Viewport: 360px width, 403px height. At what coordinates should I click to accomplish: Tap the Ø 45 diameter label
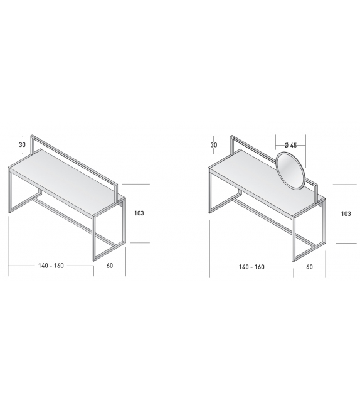click(x=290, y=145)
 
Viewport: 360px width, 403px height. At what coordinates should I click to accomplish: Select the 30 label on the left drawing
click(x=22, y=145)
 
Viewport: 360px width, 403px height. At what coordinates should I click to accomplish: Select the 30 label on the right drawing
click(x=214, y=145)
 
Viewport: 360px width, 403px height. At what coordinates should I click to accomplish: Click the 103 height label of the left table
click(x=139, y=213)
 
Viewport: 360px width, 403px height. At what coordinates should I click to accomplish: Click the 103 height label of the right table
click(x=346, y=213)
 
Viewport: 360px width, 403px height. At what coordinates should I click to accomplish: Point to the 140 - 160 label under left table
click(x=50, y=266)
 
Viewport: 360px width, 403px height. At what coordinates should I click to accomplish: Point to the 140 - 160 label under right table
click(x=251, y=267)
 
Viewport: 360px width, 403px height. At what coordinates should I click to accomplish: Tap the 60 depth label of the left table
click(x=110, y=266)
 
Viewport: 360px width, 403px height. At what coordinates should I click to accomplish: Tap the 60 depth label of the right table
click(x=310, y=267)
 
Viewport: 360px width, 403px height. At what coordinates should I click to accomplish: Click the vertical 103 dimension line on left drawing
click(x=148, y=213)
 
